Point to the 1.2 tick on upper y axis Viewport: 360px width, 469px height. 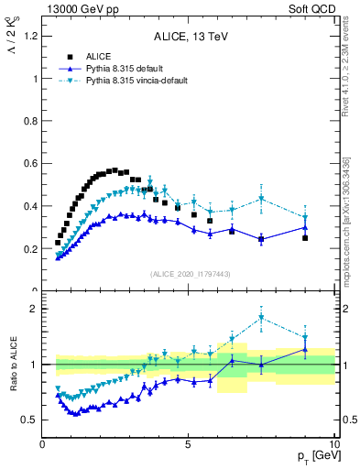[31, 36]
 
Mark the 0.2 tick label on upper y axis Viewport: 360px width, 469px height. [31, 248]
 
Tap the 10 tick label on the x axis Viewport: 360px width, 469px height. [332, 445]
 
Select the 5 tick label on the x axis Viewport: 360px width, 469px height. [188, 445]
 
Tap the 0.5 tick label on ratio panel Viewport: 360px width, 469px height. [31, 420]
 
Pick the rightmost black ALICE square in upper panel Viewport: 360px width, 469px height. [305, 237]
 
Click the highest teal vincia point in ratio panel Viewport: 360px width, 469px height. [262, 318]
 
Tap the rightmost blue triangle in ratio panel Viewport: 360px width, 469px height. [305, 349]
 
